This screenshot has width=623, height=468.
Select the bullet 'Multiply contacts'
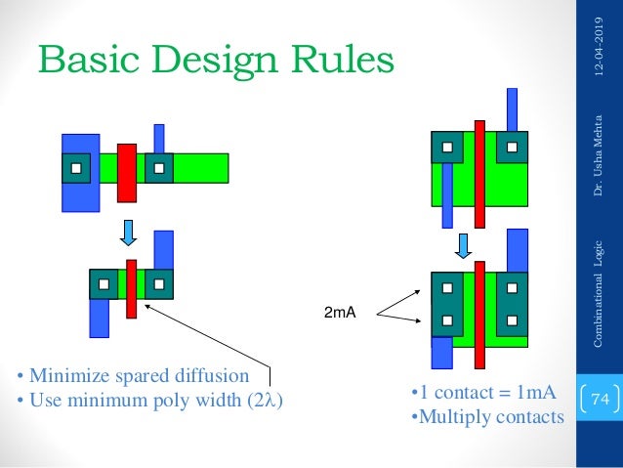click(x=486, y=417)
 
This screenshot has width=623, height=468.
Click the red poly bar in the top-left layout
click(x=126, y=172)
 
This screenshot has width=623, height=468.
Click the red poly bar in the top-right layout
click(x=478, y=173)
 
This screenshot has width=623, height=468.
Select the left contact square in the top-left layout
click(x=75, y=168)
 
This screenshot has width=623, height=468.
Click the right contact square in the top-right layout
click(x=511, y=148)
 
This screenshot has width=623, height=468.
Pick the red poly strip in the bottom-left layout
click(x=131, y=288)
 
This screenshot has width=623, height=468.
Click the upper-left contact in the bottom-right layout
click(x=446, y=289)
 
